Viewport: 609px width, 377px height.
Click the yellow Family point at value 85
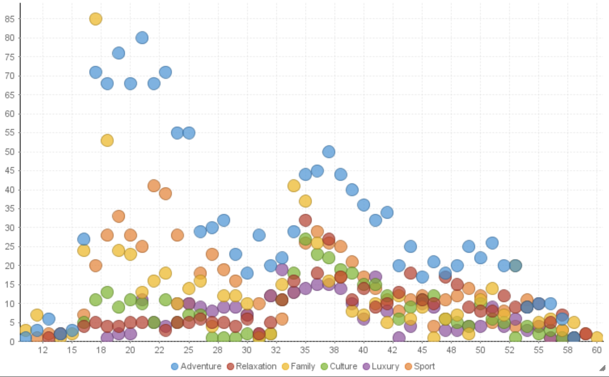(x=95, y=19)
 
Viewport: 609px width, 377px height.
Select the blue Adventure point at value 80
(x=142, y=38)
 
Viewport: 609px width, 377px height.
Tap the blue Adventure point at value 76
(x=118, y=53)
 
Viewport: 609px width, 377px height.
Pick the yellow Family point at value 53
(x=107, y=141)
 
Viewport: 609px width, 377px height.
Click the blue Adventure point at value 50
(x=329, y=152)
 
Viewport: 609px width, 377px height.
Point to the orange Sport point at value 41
(x=154, y=186)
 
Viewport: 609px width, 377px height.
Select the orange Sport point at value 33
(x=118, y=216)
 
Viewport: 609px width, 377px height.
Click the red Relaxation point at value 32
(x=305, y=220)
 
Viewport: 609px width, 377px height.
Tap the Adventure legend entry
(x=196, y=366)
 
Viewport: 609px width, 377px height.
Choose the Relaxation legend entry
(x=252, y=366)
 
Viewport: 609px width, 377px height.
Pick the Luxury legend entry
(x=381, y=366)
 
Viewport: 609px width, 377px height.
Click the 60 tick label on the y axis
(x=10, y=114)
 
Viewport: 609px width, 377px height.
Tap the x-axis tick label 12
(x=43, y=350)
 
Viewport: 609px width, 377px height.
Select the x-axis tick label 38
(x=334, y=350)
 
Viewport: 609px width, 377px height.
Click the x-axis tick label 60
(x=597, y=350)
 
